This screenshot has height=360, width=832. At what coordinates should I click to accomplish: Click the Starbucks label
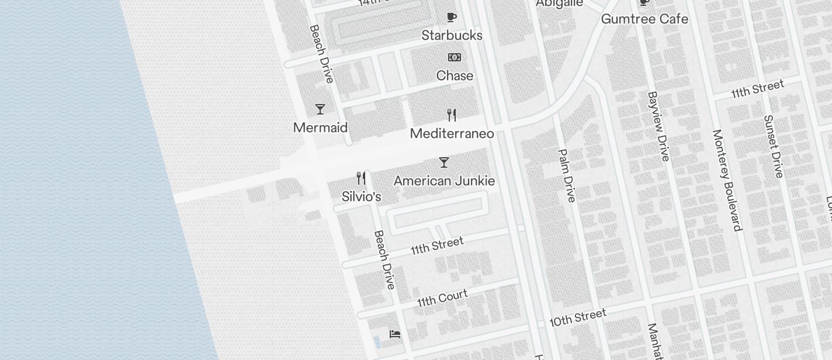pyautogui.click(x=452, y=36)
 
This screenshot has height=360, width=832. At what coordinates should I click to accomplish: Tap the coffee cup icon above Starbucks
pyautogui.click(x=451, y=17)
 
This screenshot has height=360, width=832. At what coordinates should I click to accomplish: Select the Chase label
pyautogui.click(x=455, y=76)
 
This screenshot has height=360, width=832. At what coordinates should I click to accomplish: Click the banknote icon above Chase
pyautogui.click(x=455, y=57)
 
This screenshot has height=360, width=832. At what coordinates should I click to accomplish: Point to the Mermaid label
pyautogui.click(x=320, y=128)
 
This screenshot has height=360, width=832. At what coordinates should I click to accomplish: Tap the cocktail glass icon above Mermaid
pyautogui.click(x=320, y=109)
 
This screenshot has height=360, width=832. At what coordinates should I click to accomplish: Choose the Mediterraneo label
pyautogui.click(x=452, y=134)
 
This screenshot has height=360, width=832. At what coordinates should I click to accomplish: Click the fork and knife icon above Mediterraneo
pyautogui.click(x=452, y=115)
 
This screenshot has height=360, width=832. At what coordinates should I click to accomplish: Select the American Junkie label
pyautogui.click(x=444, y=181)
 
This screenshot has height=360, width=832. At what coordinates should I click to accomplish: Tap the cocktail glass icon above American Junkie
pyautogui.click(x=444, y=162)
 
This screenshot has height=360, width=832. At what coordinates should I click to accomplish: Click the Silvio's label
pyautogui.click(x=361, y=197)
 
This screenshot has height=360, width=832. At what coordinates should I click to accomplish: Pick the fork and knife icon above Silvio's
pyautogui.click(x=362, y=178)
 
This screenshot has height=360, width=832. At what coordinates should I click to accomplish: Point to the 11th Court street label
pyautogui.click(x=442, y=298)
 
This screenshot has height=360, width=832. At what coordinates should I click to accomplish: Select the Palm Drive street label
pyautogui.click(x=567, y=175)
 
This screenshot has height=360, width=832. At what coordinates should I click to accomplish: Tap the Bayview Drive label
pyautogui.click(x=658, y=126)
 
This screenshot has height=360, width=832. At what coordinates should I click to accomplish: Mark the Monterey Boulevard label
pyautogui.click(x=727, y=180)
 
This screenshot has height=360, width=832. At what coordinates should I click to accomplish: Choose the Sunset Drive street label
pyautogui.click(x=773, y=146)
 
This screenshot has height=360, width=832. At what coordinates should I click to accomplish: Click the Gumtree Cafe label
pyautogui.click(x=644, y=19)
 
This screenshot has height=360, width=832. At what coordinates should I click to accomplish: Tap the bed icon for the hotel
pyautogui.click(x=395, y=334)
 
